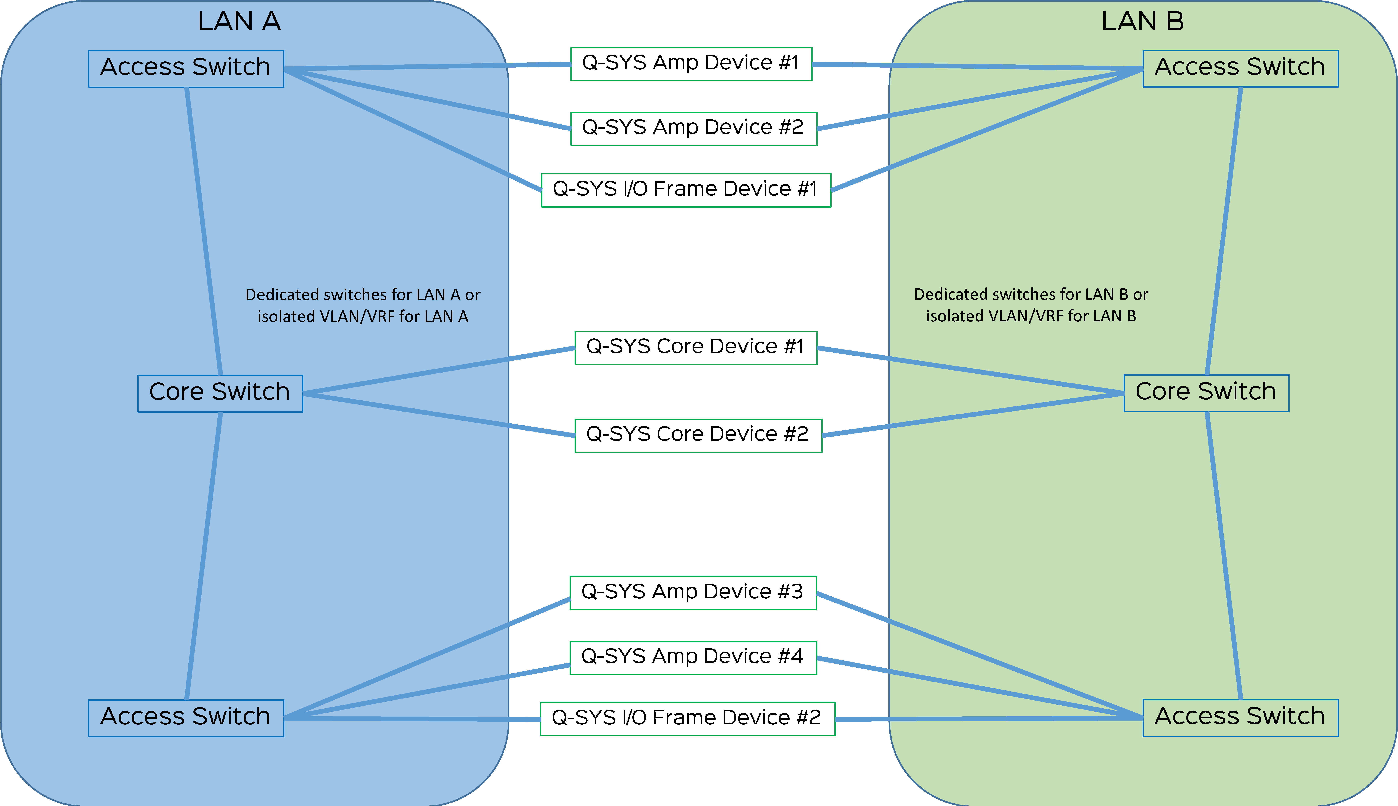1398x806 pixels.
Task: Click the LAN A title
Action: point(239,22)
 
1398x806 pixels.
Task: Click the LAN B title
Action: point(1142,22)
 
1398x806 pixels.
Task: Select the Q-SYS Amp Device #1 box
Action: point(691,64)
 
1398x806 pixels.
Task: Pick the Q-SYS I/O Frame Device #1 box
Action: point(686,190)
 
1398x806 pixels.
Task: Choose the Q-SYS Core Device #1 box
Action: point(695,347)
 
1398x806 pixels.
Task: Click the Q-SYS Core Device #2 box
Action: point(698,435)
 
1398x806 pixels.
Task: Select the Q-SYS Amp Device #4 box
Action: point(693,657)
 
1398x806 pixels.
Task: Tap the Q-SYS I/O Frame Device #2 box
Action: point(687,719)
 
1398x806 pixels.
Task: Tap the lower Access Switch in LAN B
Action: point(1240,717)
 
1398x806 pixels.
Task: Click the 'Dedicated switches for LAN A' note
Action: point(363,305)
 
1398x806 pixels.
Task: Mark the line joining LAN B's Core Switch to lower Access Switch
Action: point(1224,556)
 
